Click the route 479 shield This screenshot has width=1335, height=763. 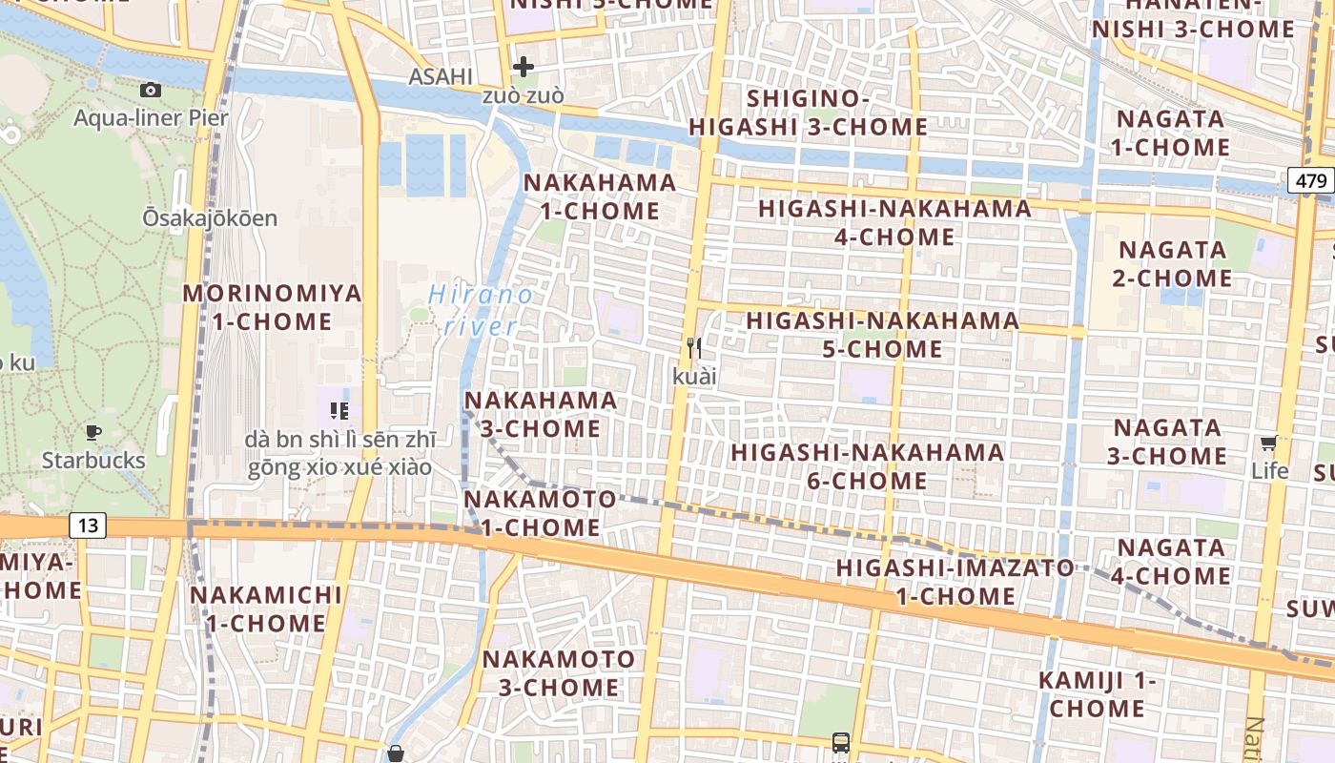1312,180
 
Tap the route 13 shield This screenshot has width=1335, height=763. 88,525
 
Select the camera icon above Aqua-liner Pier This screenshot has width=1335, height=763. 151,90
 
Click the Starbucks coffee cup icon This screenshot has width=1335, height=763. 93,432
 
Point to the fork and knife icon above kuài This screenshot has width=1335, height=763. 694,348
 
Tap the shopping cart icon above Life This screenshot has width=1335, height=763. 1268,443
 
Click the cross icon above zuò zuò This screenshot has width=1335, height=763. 523,67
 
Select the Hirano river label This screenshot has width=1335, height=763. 481,310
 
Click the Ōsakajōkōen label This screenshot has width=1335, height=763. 210,218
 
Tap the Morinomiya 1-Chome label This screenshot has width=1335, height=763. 273,307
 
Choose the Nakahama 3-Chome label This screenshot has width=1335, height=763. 541,415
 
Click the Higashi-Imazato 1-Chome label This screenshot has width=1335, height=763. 955,582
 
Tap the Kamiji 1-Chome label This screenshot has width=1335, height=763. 1097,694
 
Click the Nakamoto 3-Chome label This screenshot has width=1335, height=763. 559,672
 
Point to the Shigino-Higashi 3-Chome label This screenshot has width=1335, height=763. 809,113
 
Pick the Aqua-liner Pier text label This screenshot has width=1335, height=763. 152,118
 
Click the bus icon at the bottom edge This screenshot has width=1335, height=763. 840,742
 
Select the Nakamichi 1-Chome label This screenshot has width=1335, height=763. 266,609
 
